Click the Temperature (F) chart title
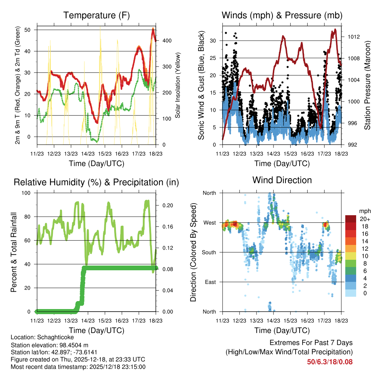click(96, 15)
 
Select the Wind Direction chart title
click(282, 180)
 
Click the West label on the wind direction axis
click(209, 222)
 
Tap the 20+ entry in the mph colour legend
click(364, 219)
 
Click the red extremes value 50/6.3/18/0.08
click(330, 362)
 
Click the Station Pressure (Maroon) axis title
click(367, 86)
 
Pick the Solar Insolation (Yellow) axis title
click(178, 86)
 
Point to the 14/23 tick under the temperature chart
click(88, 154)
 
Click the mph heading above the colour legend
click(364, 211)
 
